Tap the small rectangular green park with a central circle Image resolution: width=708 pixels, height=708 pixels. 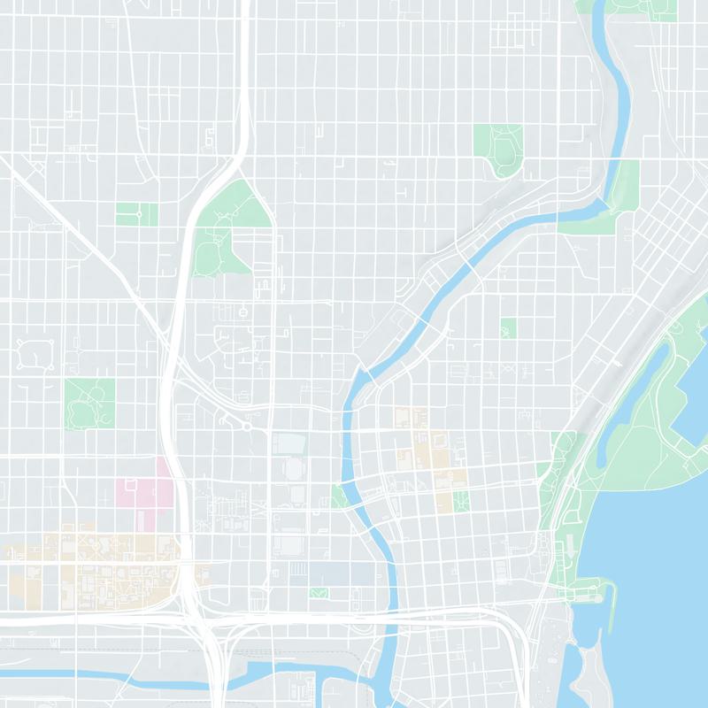point(137,214)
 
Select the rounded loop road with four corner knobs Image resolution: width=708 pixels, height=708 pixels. point(35,353)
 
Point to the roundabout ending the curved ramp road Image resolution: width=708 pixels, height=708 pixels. point(248,427)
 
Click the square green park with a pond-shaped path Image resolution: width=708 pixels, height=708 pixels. point(89,403)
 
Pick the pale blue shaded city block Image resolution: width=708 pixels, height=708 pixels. point(341,573)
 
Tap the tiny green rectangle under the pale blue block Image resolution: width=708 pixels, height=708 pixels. point(319,592)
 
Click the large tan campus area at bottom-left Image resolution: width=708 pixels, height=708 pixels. point(97,566)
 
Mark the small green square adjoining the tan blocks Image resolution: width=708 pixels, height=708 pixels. point(460,502)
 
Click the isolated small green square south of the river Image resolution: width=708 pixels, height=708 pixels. point(507,328)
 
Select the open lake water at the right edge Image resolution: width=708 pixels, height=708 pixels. point(664,549)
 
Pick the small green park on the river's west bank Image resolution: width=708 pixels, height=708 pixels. point(340,496)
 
